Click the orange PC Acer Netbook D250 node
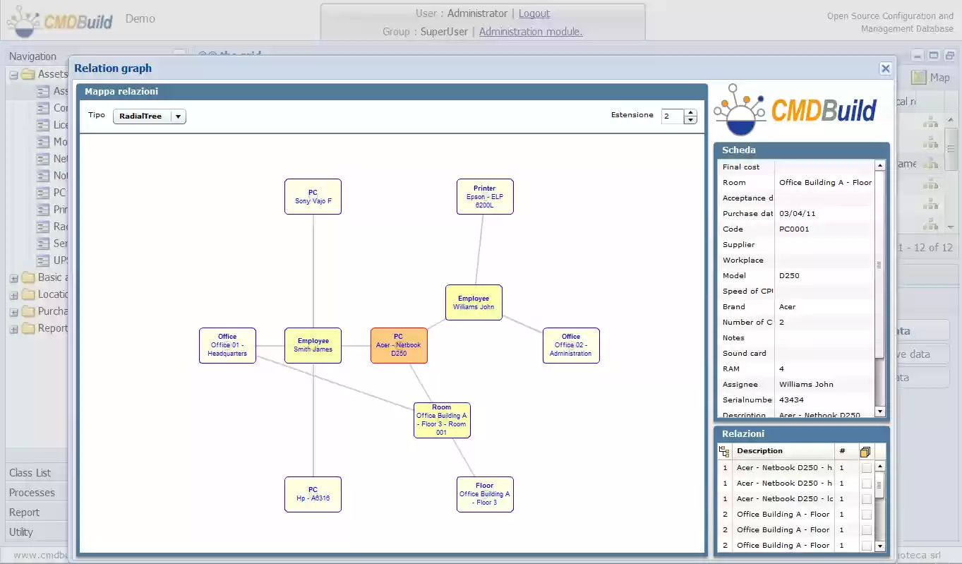pyautogui.click(x=399, y=345)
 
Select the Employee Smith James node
pyautogui.click(x=313, y=345)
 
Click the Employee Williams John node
pyautogui.click(x=474, y=302)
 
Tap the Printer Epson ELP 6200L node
pyautogui.click(x=485, y=196)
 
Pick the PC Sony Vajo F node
pyautogui.click(x=313, y=196)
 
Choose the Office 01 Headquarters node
pyautogui.click(x=227, y=345)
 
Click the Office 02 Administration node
pyautogui.click(x=571, y=345)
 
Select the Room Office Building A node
pyautogui.click(x=442, y=420)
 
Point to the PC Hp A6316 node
pyautogui.click(x=313, y=494)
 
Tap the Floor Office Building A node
pyautogui.click(x=485, y=494)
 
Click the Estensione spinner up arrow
pyautogui.click(x=690, y=113)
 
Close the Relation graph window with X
pyautogui.click(x=885, y=68)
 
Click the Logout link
pyautogui.click(x=534, y=13)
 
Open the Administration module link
pyautogui.click(x=531, y=32)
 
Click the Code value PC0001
pyautogui.click(x=794, y=229)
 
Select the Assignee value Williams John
pyautogui.click(x=806, y=384)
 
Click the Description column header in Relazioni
pyautogui.click(x=759, y=450)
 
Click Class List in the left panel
pyautogui.click(x=30, y=473)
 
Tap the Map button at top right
pyautogui.click(x=931, y=78)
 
